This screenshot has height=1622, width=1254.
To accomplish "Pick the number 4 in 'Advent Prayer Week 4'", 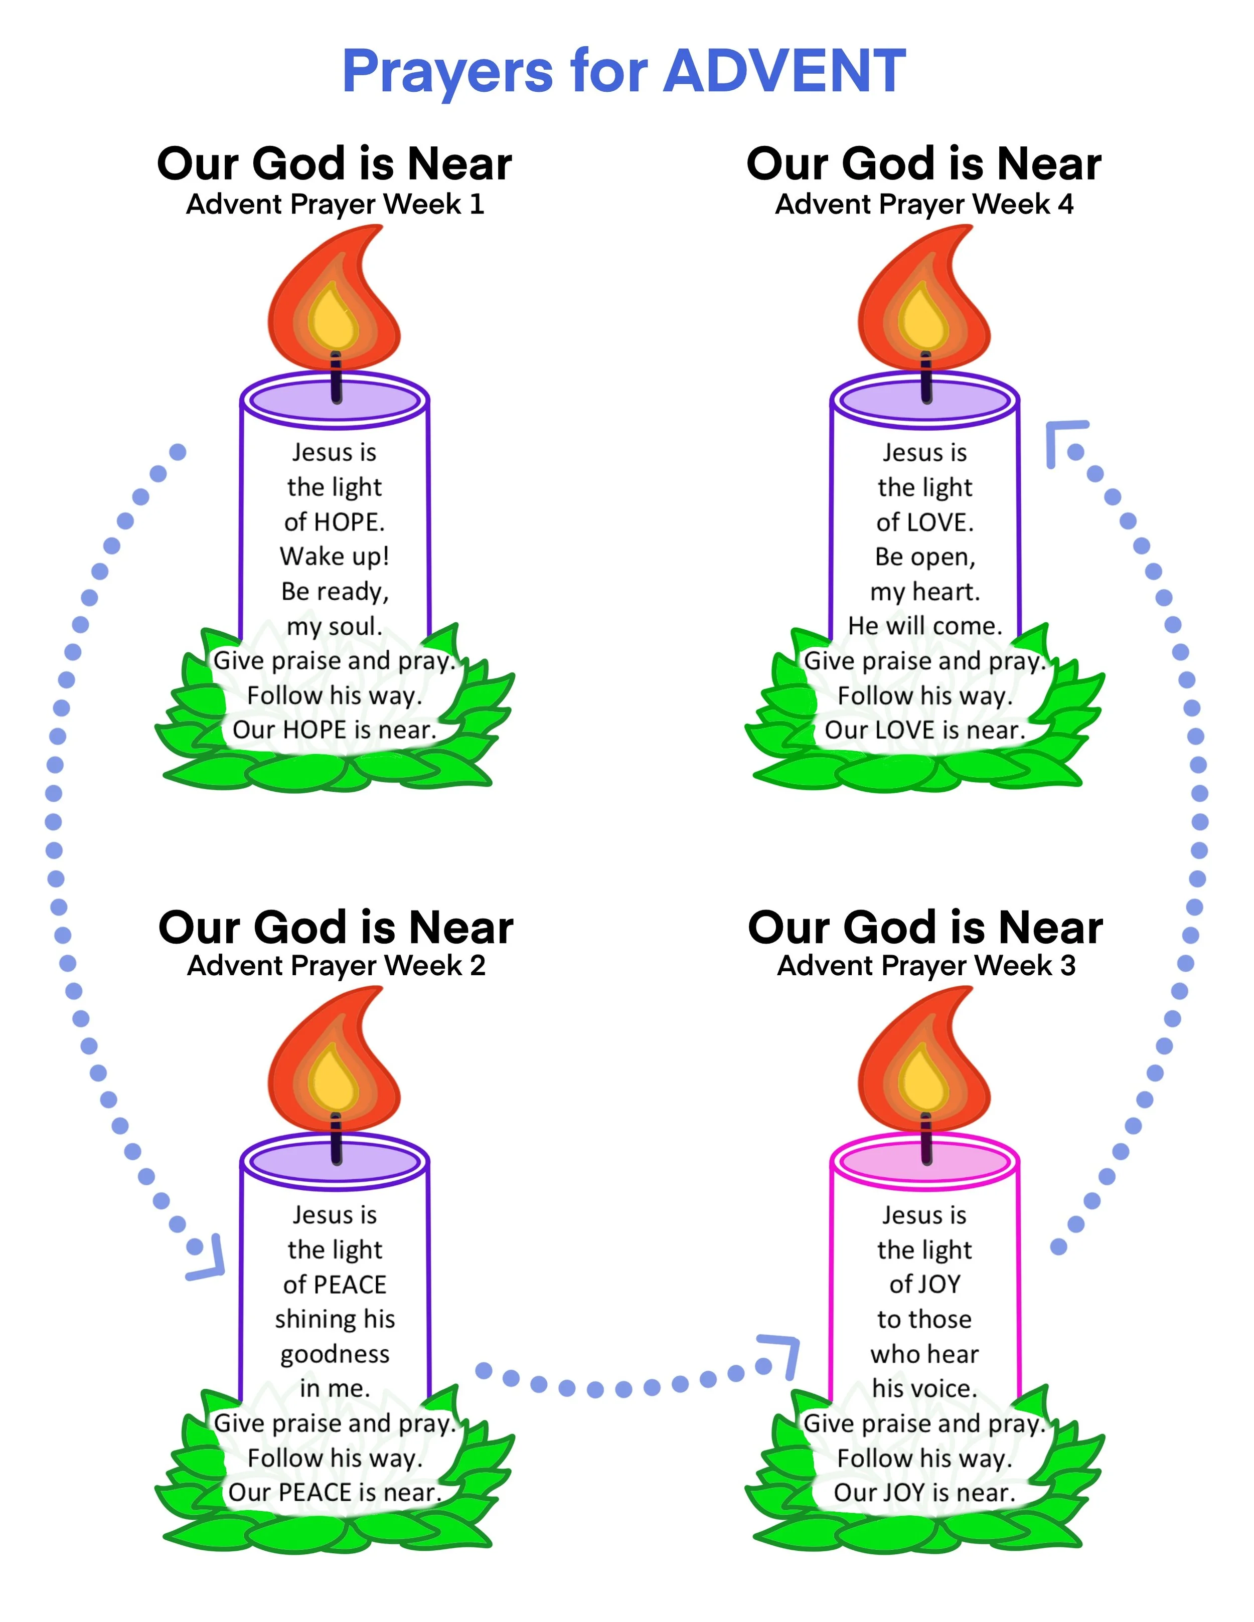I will coord(1065,204).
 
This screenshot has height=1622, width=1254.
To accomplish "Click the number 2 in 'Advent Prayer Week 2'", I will coord(477,966).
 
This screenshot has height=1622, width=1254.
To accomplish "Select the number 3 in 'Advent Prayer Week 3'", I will coord(1067,966).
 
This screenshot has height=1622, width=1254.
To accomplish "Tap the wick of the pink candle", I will coord(925,1136).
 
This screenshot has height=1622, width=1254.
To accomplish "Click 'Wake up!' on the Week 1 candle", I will coord(334,556).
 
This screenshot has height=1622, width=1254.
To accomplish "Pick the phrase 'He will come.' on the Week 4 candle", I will coord(925,626).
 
